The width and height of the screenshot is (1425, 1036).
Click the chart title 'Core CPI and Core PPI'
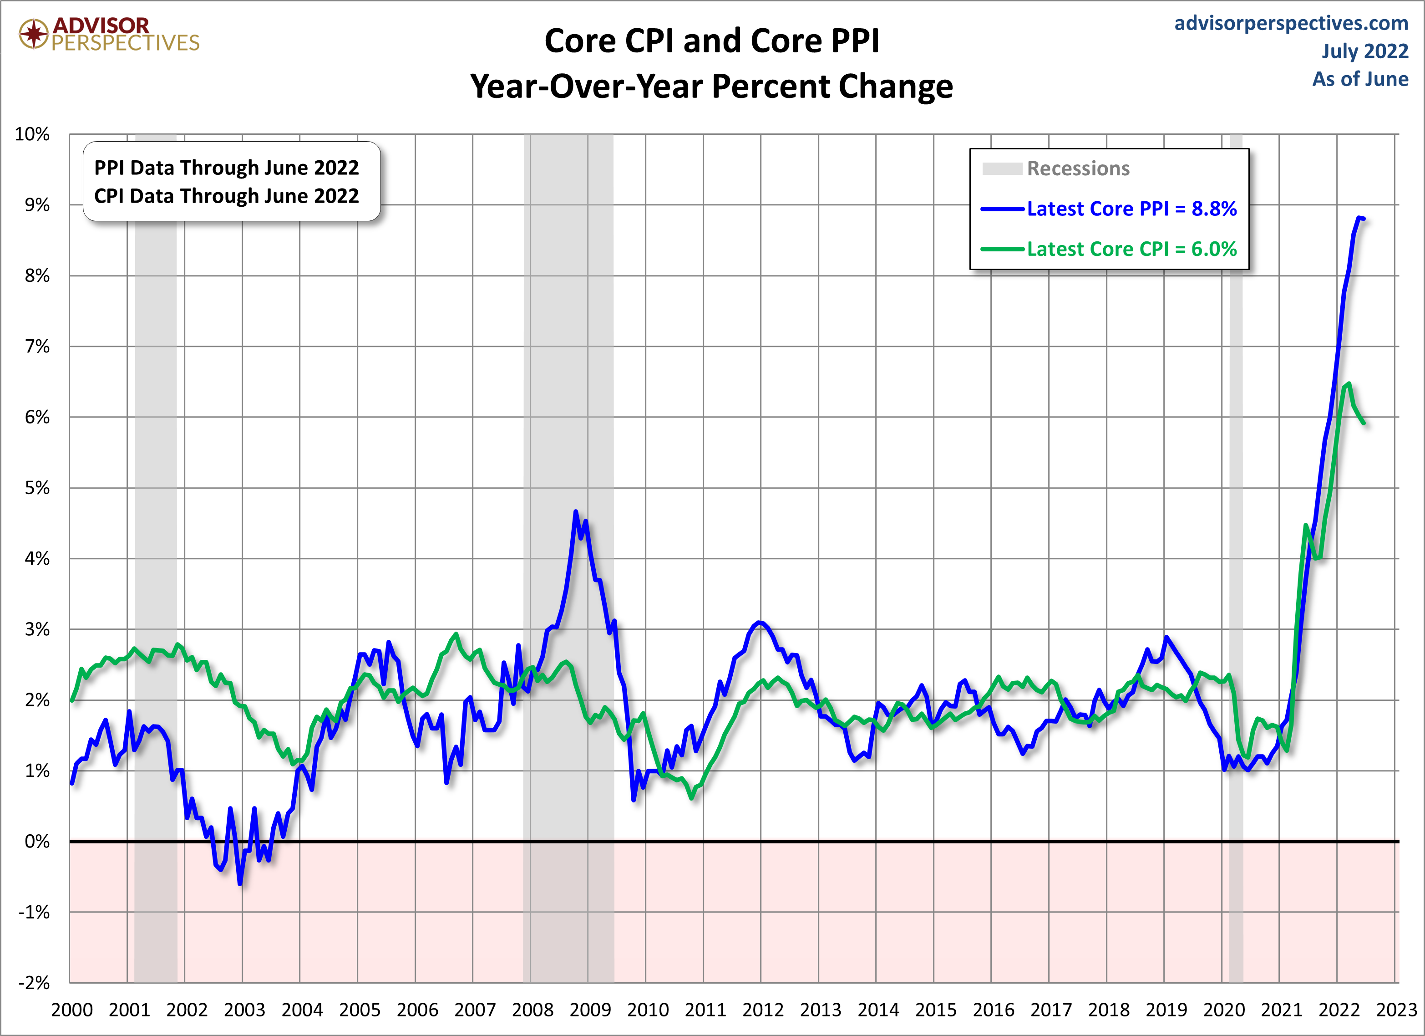click(711, 41)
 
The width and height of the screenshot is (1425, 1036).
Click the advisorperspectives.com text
click(1291, 23)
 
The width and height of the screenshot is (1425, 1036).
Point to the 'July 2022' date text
click(1364, 51)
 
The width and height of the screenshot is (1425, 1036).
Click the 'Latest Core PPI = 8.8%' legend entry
click(1131, 209)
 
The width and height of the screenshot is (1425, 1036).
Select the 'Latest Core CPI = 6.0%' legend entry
click(1131, 249)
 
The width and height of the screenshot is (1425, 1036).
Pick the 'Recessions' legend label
click(1078, 168)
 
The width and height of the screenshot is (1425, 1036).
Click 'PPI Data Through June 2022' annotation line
click(226, 168)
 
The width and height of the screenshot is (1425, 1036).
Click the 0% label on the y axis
click(37, 841)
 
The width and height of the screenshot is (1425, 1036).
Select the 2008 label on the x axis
click(532, 1010)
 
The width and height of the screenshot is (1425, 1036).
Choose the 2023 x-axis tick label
click(1396, 1010)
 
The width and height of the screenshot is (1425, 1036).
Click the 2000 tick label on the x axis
click(71, 1010)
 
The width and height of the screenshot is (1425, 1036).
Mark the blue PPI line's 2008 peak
click(576, 512)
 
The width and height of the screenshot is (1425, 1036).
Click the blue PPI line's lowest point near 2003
click(240, 884)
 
